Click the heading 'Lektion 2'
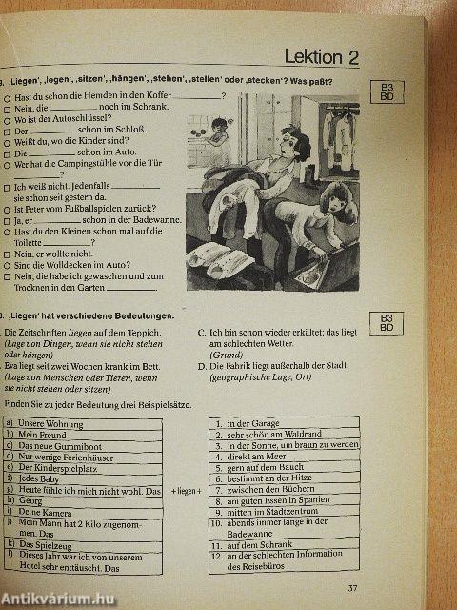[x=322, y=57]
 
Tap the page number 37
[x=352, y=587]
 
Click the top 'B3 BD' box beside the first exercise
[x=386, y=91]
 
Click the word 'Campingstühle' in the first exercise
[x=98, y=164]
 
